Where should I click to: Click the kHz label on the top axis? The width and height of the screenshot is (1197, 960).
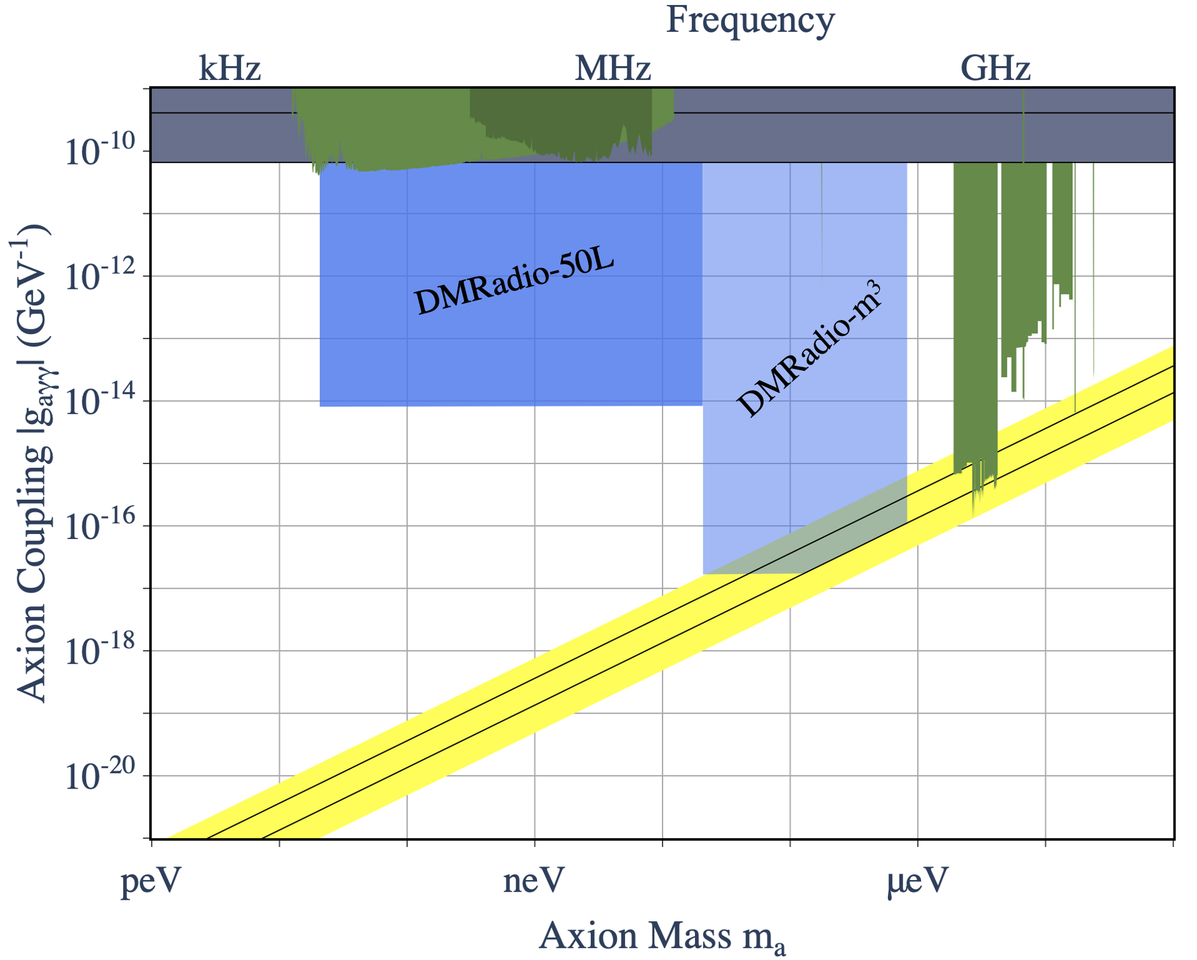coord(230,69)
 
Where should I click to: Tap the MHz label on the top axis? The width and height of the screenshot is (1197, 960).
coord(612,69)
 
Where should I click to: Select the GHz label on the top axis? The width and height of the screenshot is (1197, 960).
coord(995,69)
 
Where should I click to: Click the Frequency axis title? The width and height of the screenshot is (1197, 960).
coord(750,20)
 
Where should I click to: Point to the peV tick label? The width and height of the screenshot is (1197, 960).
coord(151,882)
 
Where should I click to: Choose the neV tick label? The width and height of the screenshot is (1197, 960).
coord(534,882)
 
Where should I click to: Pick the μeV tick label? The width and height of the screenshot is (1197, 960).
coord(917,882)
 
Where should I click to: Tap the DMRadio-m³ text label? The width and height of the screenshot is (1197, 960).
coord(810,349)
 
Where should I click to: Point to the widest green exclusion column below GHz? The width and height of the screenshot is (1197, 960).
coord(975,317)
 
